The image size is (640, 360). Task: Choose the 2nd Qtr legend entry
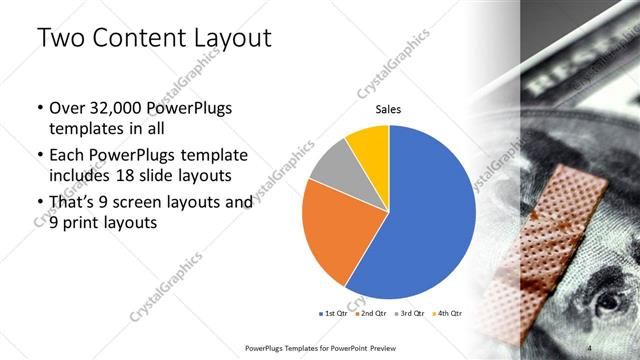(373, 313)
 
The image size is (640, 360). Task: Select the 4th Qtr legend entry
(447, 313)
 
